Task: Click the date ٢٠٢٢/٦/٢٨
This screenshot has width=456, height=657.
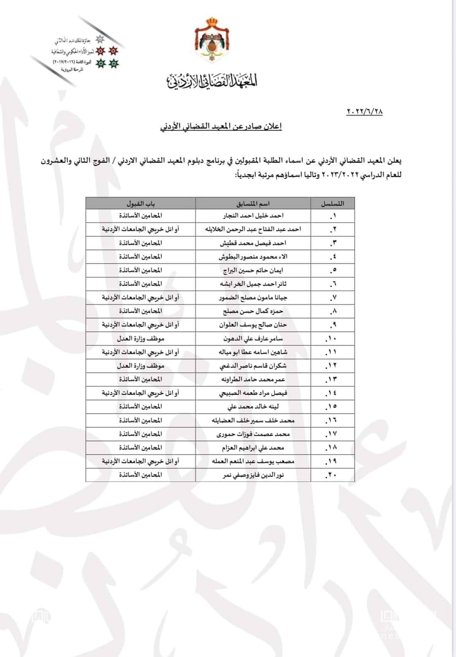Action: pyautogui.click(x=364, y=111)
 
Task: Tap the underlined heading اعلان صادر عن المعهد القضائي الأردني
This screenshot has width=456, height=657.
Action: pyautogui.click(x=221, y=126)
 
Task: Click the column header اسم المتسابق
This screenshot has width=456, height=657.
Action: pyautogui.click(x=253, y=204)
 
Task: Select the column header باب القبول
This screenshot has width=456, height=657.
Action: pyautogui.click(x=141, y=204)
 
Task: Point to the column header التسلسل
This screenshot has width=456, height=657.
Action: pyautogui.click(x=332, y=204)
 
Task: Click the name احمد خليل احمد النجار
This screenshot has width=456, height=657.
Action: pyautogui.click(x=253, y=216)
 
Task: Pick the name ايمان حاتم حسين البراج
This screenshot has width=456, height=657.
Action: pyautogui.click(x=253, y=270)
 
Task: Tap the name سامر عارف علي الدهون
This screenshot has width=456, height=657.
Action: pyautogui.click(x=253, y=339)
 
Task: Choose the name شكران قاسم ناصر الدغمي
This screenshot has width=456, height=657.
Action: pyautogui.click(x=253, y=366)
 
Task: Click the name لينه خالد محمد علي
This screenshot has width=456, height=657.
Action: pyautogui.click(x=253, y=407)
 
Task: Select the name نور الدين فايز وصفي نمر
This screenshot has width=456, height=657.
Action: pyautogui.click(x=253, y=475)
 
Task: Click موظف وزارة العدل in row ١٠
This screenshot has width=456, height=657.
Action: pyautogui.click(x=141, y=339)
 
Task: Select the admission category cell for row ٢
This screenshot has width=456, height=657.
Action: pyautogui.click(x=141, y=229)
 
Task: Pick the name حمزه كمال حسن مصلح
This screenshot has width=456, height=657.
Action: pyautogui.click(x=253, y=311)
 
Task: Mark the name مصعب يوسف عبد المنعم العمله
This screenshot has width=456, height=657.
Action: pyautogui.click(x=253, y=461)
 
